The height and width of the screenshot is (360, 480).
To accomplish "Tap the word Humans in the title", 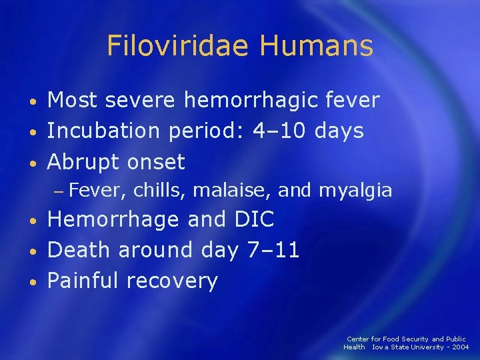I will coord(316,46).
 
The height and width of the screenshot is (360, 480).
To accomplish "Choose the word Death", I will coord(81,250).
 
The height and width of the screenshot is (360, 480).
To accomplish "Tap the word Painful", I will coord(83,281).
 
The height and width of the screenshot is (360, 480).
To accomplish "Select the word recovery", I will coord(173,281).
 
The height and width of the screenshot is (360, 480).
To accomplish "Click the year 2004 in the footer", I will coord(460,347).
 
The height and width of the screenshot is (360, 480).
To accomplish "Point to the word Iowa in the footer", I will coord(380,347).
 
